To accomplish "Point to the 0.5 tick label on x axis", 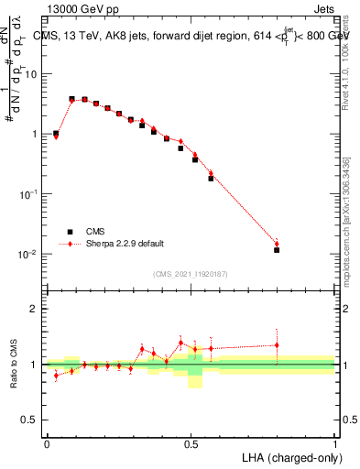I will click(x=191, y=443).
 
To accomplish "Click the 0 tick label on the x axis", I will click(x=47, y=443).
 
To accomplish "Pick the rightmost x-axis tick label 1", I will click(x=335, y=443).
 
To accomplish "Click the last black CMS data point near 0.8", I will click(x=277, y=249).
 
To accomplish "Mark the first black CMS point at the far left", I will click(x=56, y=134).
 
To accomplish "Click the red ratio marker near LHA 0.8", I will click(x=277, y=345).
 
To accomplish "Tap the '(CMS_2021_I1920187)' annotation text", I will click(x=191, y=273).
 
